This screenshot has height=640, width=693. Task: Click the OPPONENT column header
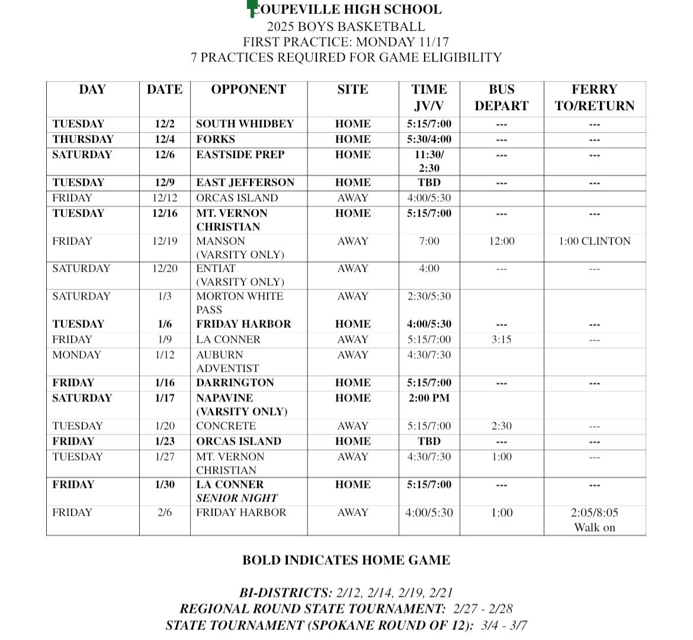[248, 90]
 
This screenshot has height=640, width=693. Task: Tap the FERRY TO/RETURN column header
[594, 98]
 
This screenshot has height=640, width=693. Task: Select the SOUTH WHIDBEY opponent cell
[245, 124]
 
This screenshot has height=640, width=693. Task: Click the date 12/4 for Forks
[164, 140]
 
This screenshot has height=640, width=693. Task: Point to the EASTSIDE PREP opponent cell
[240, 155]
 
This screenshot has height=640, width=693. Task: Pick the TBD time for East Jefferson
[429, 183]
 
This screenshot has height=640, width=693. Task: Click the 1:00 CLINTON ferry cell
[594, 242]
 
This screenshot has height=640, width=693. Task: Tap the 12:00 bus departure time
[501, 242]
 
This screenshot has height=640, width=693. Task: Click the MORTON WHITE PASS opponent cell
[239, 303]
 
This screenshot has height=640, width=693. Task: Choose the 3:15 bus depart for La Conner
[501, 340]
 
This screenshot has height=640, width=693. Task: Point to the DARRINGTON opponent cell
[235, 383]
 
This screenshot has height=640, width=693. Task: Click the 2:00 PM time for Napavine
[429, 398]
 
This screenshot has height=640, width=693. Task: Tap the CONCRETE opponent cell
[226, 426]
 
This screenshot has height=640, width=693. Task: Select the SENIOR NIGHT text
[236, 499]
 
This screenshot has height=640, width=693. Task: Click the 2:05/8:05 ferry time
[594, 513]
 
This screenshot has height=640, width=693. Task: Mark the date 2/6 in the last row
[164, 513]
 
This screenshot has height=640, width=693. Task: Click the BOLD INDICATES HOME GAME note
[346, 560]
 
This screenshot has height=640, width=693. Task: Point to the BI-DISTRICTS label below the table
[285, 593]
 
